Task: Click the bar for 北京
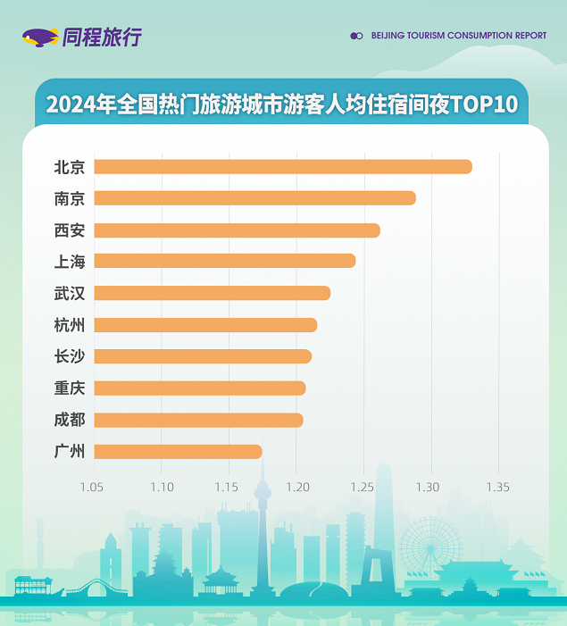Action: pyautogui.click(x=282, y=167)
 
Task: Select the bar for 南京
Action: pyautogui.click(x=254, y=198)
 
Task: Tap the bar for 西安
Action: pyautogui.click(x=237, y=230)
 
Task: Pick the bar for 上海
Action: pyautogui.click(x=224, y=261)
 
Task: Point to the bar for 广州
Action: pyautogui.click(x=178, y=452)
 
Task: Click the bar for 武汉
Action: pyautogui.click(x=212, y=293)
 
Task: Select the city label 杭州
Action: pyautogui.click(x=70, y=325)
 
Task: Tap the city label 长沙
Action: pyautogui.click(x=70, y=356)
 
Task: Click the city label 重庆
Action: pyautogui.click(x=70, y=388)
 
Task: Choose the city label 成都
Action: pyautogui.click(x=70, y=420)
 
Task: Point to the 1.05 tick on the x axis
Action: pyautogui.click(x=92, y=487)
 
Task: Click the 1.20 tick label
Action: pyautogui.click(x=296, y=487)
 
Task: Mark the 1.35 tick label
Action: pyautogui.click(x=498, y=487)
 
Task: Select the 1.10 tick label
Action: pyautogui.click(x=162, y=487)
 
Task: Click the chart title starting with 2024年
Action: pyautogui.click(x=282, y=104)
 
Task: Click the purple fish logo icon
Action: pyautogui.click(x=40, y=38)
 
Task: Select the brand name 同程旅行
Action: pyautogui.click(x=103, y=38)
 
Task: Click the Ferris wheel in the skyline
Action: pyautogui.click(x=429, y=547)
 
